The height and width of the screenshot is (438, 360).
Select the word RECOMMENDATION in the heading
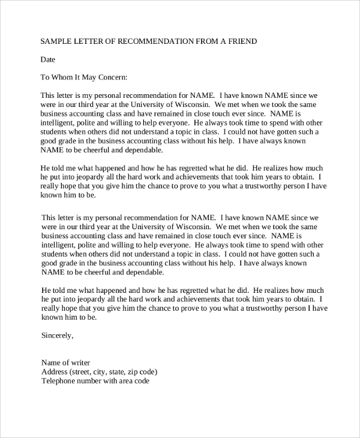point(158,41)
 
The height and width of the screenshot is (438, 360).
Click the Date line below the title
point(47,59)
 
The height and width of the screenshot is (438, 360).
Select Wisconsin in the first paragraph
point(190,104)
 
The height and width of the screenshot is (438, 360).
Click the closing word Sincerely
point(57,335)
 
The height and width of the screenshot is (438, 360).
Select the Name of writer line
point(66,362)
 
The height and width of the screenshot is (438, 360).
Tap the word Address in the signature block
point(55,371)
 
